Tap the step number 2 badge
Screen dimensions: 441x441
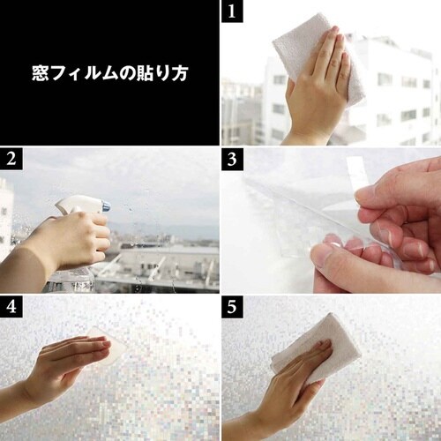11,159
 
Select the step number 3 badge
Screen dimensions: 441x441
232,159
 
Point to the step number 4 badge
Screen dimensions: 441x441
11,306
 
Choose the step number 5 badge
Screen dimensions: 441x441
232,306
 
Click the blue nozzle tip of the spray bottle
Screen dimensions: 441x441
105,206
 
